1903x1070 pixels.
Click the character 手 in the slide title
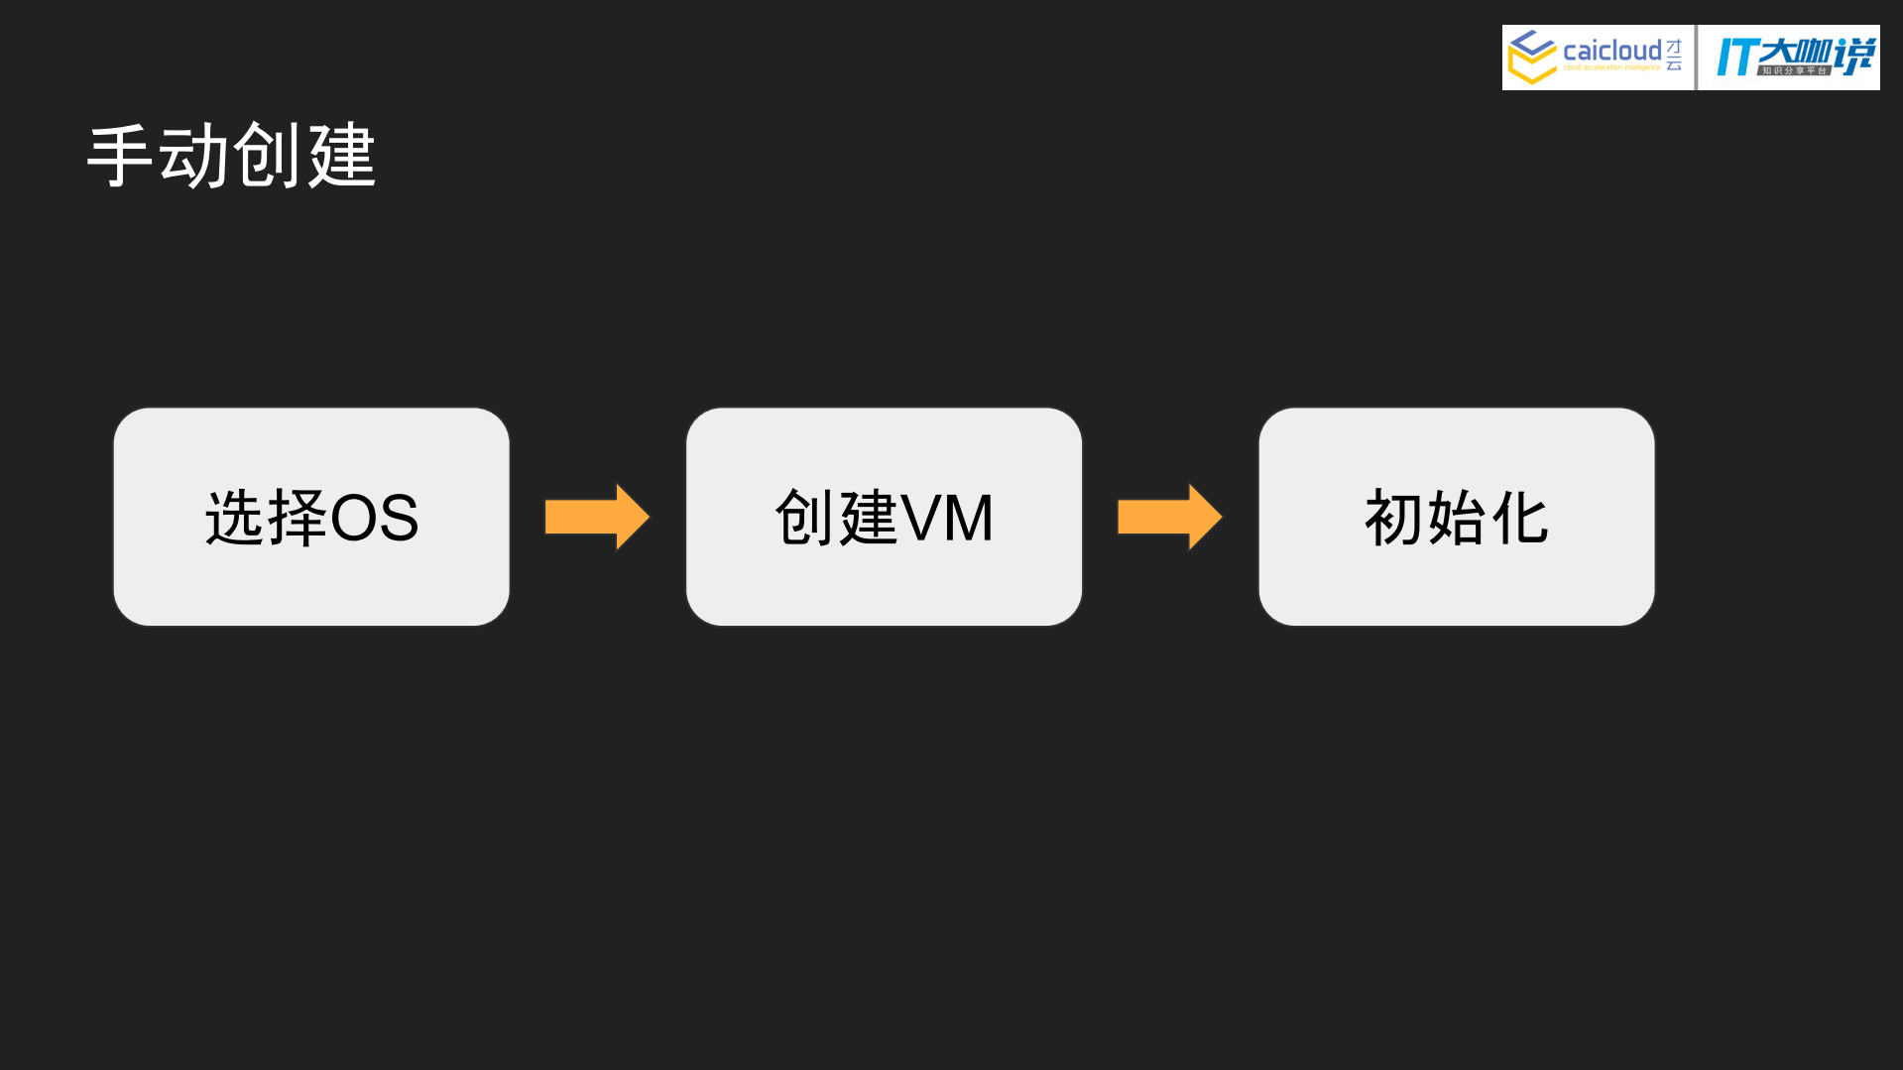tap(121, 156)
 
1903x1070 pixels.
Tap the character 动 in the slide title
tap(194, 156)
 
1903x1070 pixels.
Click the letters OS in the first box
tap(374, 518)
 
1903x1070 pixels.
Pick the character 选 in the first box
tap(234, 518)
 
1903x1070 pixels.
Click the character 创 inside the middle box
tap(804, 518)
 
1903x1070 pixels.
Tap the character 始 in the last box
tap(1457, 518)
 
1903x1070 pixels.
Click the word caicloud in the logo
tap(1611, 51)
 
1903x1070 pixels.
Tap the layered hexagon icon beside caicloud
tap(1532, 57)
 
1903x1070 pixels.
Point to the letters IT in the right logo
tap(1735, 58)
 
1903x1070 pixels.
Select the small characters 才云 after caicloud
tap(1674, 56)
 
